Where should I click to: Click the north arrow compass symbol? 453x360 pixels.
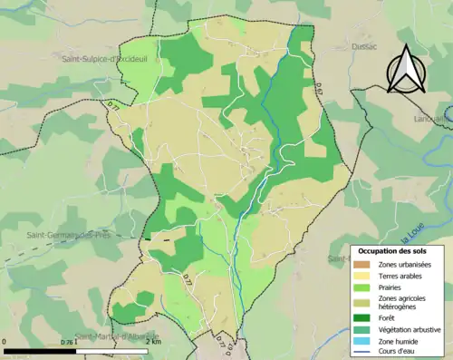405,68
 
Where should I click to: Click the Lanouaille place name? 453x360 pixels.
432,118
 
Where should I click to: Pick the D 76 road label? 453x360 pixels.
69,343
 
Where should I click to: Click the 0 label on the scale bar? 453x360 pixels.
5,342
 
